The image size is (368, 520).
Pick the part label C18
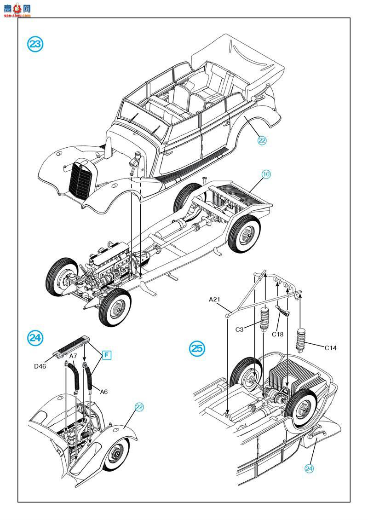pyautogui.click(x=277, y=335)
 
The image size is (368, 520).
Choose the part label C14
pyautogui.click(x=330, y=348)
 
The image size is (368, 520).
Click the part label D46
pyautogui.click(x=40, y=366)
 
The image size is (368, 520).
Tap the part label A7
pyautogui.click(x=73, y=356)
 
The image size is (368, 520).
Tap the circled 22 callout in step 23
pyautogui.click(x=262, y=141)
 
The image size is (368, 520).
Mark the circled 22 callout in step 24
pyautogui.click(x=139, y=407)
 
